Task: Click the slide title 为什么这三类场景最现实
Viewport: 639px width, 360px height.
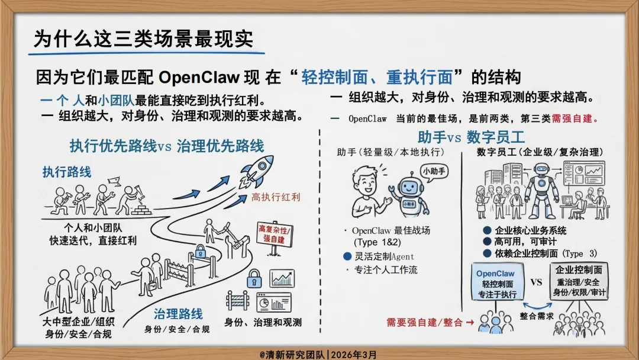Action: pyautogui.click(x=143, y=39)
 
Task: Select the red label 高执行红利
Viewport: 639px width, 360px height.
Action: pyautogui.click(x=276, y=197)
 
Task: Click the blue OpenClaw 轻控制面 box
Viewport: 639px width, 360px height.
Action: pyautogui.click(x=495, y=284)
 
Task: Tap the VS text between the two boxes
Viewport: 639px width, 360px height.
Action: pyautogui.click(x=536, y=282)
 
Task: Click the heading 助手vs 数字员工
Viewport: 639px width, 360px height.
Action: pyautogui.click(x=471, y=137)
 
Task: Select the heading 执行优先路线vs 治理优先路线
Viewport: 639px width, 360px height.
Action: pyautogui.click(x=166, y=145)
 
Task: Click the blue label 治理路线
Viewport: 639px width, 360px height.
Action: pyautogui.click(x=178, y=313)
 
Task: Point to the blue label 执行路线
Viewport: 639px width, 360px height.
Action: pyautogui.click(x=66, y=172)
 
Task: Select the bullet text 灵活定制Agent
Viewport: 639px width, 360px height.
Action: pyautogui.click(x=385, y=256)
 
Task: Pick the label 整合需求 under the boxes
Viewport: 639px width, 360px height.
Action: pyautogui.click(x=537, y=316)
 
